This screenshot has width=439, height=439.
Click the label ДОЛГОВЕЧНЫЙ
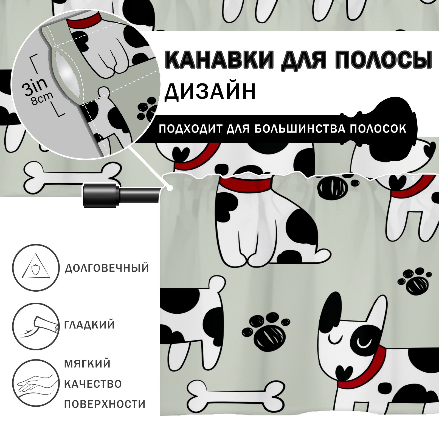(x=107, y=268)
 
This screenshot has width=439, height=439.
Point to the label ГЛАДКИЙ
(x=89, y=325)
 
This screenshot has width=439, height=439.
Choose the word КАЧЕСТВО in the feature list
(x=93, y=384)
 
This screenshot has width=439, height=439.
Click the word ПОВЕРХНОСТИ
(x=105, y=404)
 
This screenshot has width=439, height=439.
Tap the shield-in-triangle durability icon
(x=36, y=268)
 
